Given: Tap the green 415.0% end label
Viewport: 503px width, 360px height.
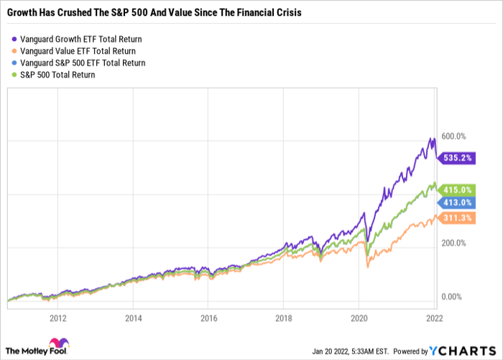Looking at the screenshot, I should (457, 190).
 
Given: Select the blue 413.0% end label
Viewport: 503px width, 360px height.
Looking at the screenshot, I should (457, 203).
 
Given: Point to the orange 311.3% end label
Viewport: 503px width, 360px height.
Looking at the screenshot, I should (457, 219).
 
